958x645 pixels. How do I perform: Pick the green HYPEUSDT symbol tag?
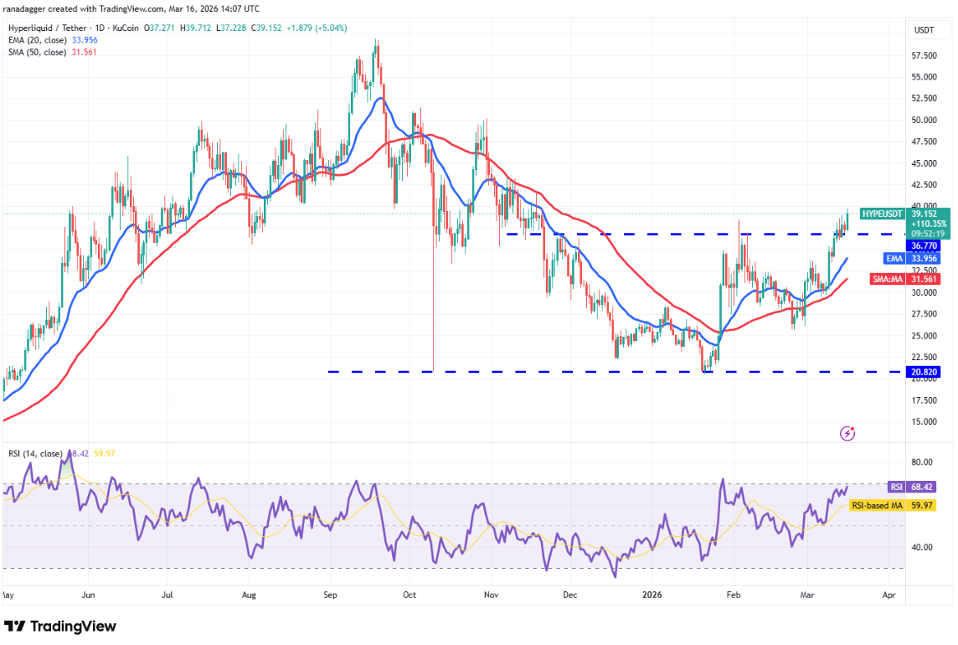[x=883, y=214]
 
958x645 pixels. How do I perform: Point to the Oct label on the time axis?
[x=410, y=596]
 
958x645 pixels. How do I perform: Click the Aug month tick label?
[x=248, y=596]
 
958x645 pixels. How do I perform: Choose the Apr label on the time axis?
[x=889, y=596]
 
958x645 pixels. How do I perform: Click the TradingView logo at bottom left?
[x=60, y=627]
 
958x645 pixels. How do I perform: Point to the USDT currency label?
[x=924, y=30]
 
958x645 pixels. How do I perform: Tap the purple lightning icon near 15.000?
[x=847, y=433]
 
